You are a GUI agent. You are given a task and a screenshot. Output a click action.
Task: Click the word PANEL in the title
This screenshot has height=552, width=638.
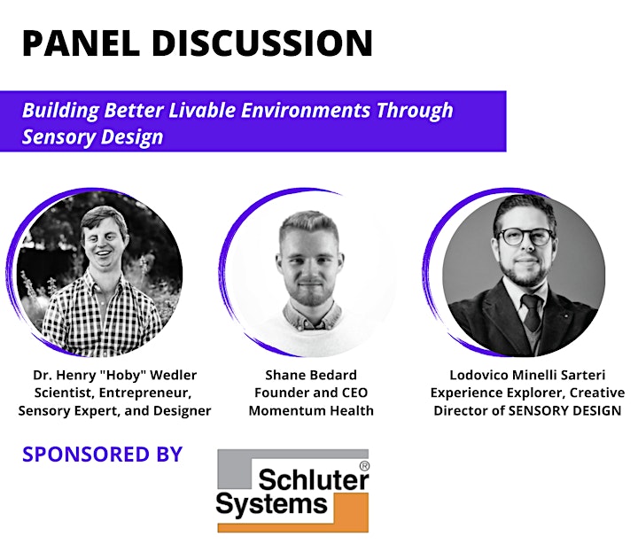[81, 43]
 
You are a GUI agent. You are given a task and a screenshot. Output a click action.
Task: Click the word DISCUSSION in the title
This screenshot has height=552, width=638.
[262, 43]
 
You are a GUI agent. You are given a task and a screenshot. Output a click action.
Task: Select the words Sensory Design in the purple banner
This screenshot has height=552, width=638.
[93, 137]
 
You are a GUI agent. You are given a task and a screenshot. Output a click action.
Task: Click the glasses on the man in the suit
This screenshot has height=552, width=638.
[525, 237]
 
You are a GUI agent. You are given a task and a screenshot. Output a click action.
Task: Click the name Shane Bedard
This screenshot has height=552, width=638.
[311, 375]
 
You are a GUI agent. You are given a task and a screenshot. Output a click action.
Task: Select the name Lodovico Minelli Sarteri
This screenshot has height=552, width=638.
[527, 375]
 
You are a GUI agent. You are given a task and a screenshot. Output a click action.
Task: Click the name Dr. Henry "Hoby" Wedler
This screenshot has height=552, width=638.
[114, 375]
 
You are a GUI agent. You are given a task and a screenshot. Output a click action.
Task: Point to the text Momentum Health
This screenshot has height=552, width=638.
[311, 411]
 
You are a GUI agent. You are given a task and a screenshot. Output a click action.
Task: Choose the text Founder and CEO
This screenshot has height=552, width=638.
[311, 393]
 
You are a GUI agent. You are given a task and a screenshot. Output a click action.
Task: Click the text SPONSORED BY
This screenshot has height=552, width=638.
[102, 455]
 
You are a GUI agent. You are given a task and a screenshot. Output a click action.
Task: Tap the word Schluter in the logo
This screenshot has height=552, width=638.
[314, 479]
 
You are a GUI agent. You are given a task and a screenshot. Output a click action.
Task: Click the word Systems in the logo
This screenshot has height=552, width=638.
[271, 504]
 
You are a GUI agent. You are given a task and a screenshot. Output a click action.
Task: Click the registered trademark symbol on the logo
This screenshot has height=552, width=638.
[364, 466]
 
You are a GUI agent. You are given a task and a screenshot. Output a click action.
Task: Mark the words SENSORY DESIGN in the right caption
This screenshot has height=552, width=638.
[564, 411]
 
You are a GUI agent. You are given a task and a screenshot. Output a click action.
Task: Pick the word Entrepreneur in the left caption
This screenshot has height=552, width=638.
[145, 393]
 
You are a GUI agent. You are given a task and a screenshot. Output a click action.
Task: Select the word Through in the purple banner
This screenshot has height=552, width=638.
[415, 111]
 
